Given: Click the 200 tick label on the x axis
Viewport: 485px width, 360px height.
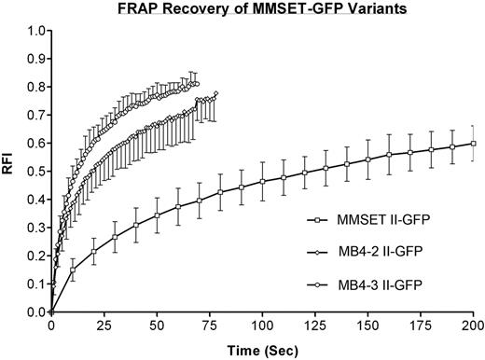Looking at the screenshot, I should point(474,327).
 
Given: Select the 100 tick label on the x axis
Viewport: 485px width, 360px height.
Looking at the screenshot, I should point(262,327).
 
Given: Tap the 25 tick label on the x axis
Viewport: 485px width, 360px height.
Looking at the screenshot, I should point(104,327).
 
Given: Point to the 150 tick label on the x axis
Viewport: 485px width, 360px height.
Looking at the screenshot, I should point(368,327).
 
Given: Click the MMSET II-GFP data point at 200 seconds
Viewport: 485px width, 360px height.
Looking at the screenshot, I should point(474,143).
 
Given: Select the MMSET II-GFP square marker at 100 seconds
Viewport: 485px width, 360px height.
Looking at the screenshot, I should point(262,182).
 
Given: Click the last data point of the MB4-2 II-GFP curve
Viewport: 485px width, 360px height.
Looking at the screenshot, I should point(216,93).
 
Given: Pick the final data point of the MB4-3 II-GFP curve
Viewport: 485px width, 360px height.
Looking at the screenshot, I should point(197,84).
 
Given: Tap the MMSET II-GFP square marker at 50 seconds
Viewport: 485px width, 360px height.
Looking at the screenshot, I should point(157,215).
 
